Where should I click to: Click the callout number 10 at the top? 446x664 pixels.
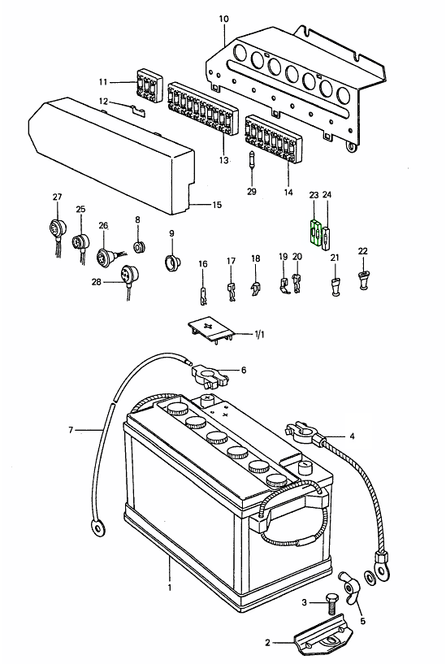pyautogui.click(x=223, y=18)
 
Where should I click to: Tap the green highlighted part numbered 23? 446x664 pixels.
pyautogui.click(x=314, y=232)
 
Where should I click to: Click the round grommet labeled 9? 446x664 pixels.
pyautogui.click(x=172, y=263)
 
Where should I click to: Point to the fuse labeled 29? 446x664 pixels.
pyautogui.click(x=252, y=160)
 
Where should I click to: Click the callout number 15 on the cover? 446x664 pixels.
pyautogui.click(x=217, y=205)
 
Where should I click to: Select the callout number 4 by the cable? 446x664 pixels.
pyautogui.click(x=352, y=436)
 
